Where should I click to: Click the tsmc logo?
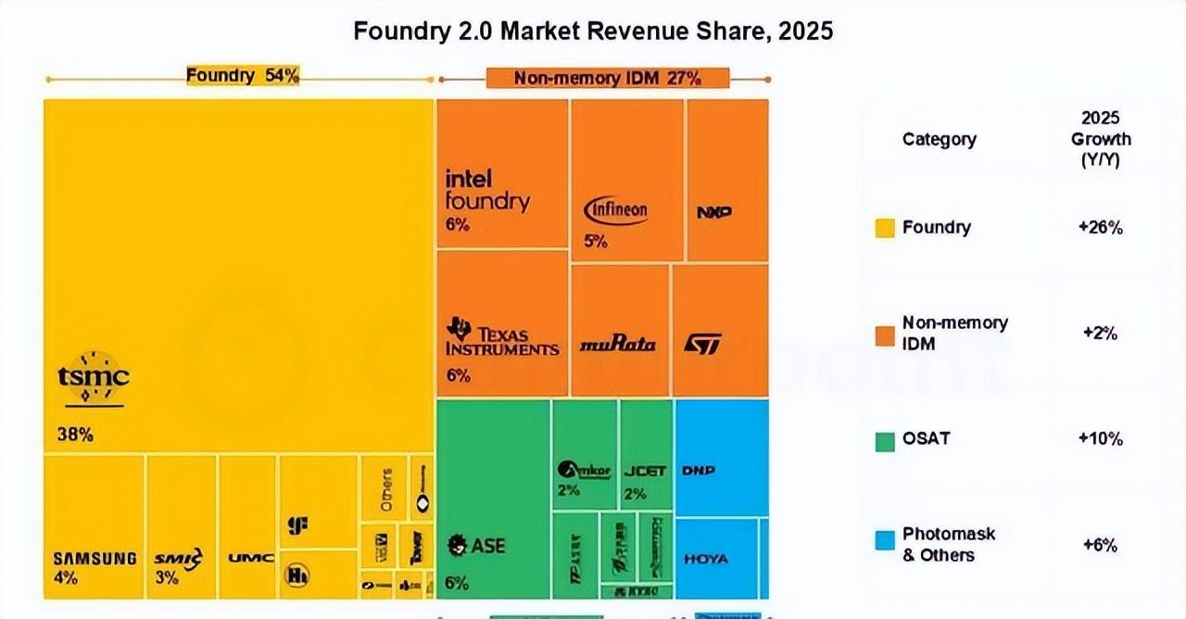coord(93,378)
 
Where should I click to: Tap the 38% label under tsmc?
coord(74,434)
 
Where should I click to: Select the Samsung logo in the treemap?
coord(95,559)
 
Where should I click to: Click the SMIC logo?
coord(178,558)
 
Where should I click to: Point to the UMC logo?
coord(250,558)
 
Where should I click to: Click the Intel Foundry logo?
coord(487,190)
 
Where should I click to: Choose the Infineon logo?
coord(616,210)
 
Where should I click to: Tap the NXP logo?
coord(713,212)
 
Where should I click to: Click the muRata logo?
coord(617,345)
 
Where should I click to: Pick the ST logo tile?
coord(702,344)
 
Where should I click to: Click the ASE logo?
coord(475,546)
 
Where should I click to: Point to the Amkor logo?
coord(585,470)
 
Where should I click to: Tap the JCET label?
coord(645,471)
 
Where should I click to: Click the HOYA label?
coord(706,559)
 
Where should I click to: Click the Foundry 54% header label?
coord(243,76)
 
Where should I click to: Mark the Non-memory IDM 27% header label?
coord(607,78)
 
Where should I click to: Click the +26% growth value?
coord(1100,227)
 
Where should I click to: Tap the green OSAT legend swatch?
coord(885,438)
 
